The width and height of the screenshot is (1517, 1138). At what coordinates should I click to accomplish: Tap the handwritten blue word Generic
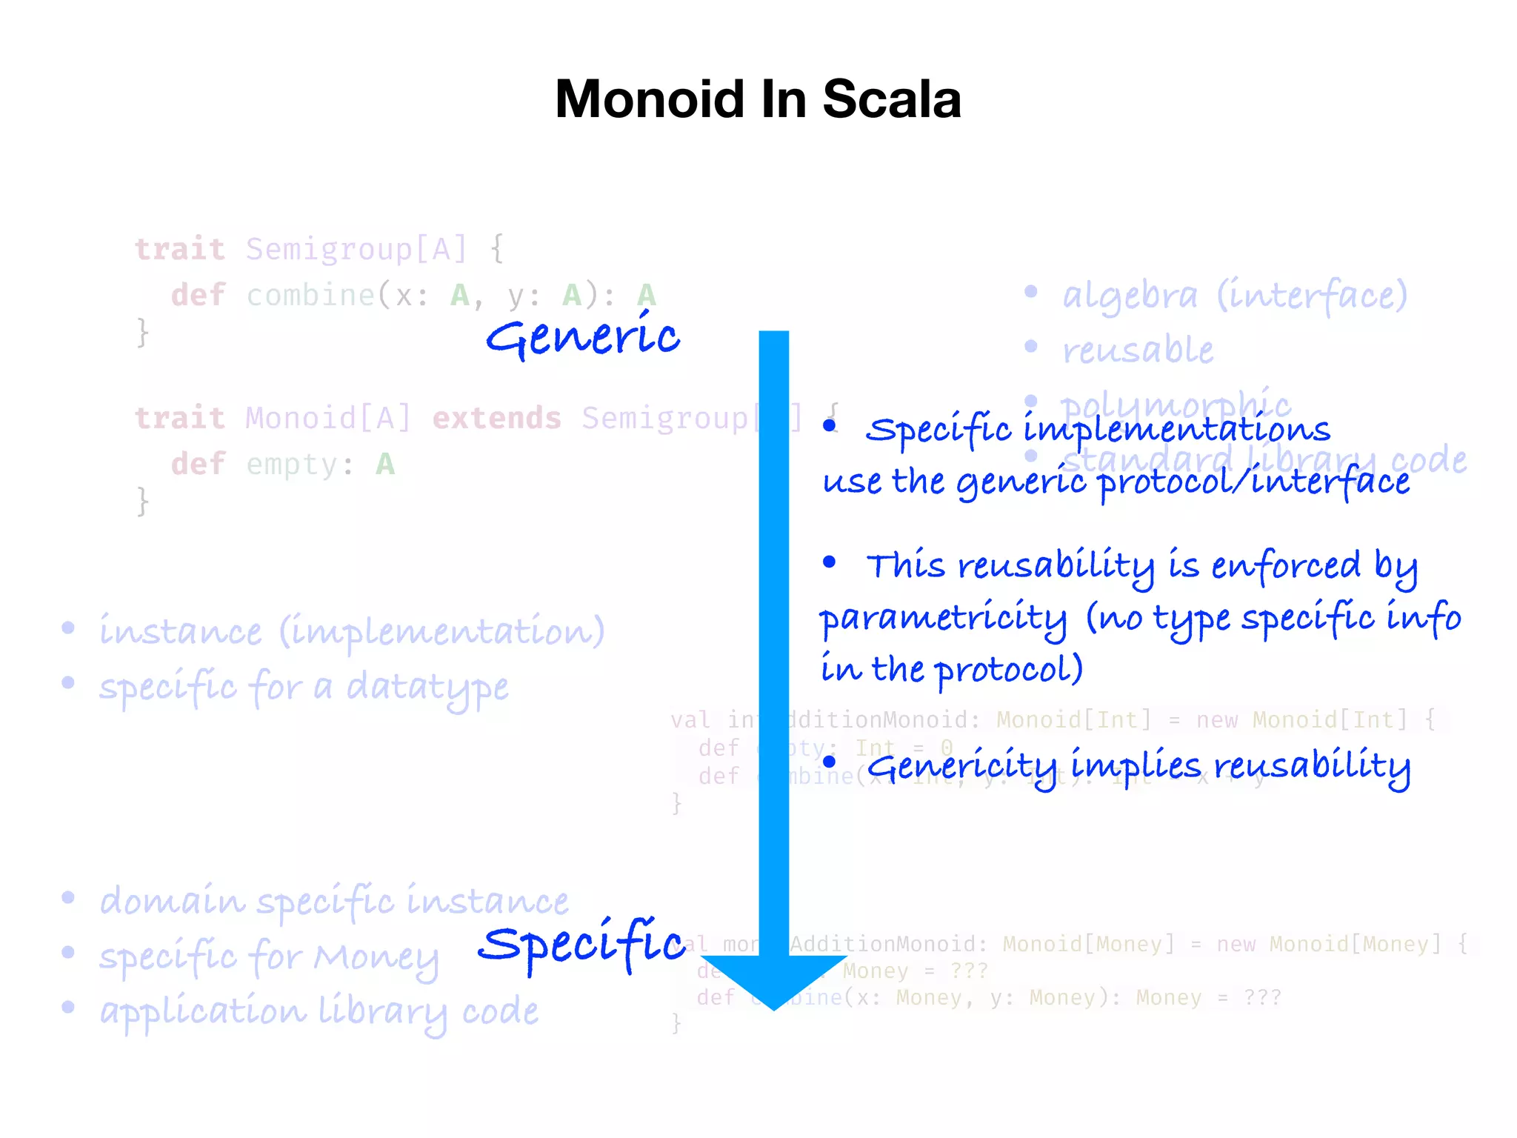582,337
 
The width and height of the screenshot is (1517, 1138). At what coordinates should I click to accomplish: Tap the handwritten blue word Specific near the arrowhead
581,945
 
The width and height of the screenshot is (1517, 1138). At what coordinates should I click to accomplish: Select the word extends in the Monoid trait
496,419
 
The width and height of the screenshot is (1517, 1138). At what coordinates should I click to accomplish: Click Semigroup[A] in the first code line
356,249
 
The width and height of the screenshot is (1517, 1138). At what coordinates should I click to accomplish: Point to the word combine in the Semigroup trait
310,296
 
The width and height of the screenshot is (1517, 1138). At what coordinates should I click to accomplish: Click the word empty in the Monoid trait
292,465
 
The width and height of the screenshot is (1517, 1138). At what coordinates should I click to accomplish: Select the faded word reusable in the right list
1138,350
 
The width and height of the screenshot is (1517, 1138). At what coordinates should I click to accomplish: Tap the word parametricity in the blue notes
943,619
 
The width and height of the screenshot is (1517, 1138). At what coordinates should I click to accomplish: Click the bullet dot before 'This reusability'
829,562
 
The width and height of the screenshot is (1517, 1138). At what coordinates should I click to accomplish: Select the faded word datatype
427,688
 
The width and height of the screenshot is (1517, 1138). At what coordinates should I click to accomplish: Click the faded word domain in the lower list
172,902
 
